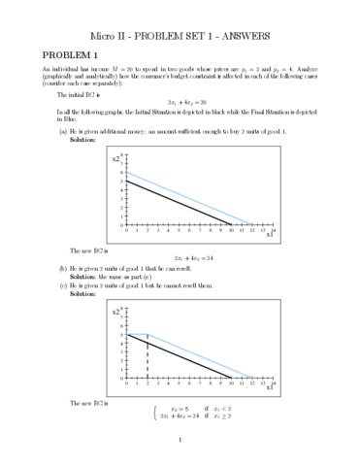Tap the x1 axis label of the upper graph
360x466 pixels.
click(x=267, y=236)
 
